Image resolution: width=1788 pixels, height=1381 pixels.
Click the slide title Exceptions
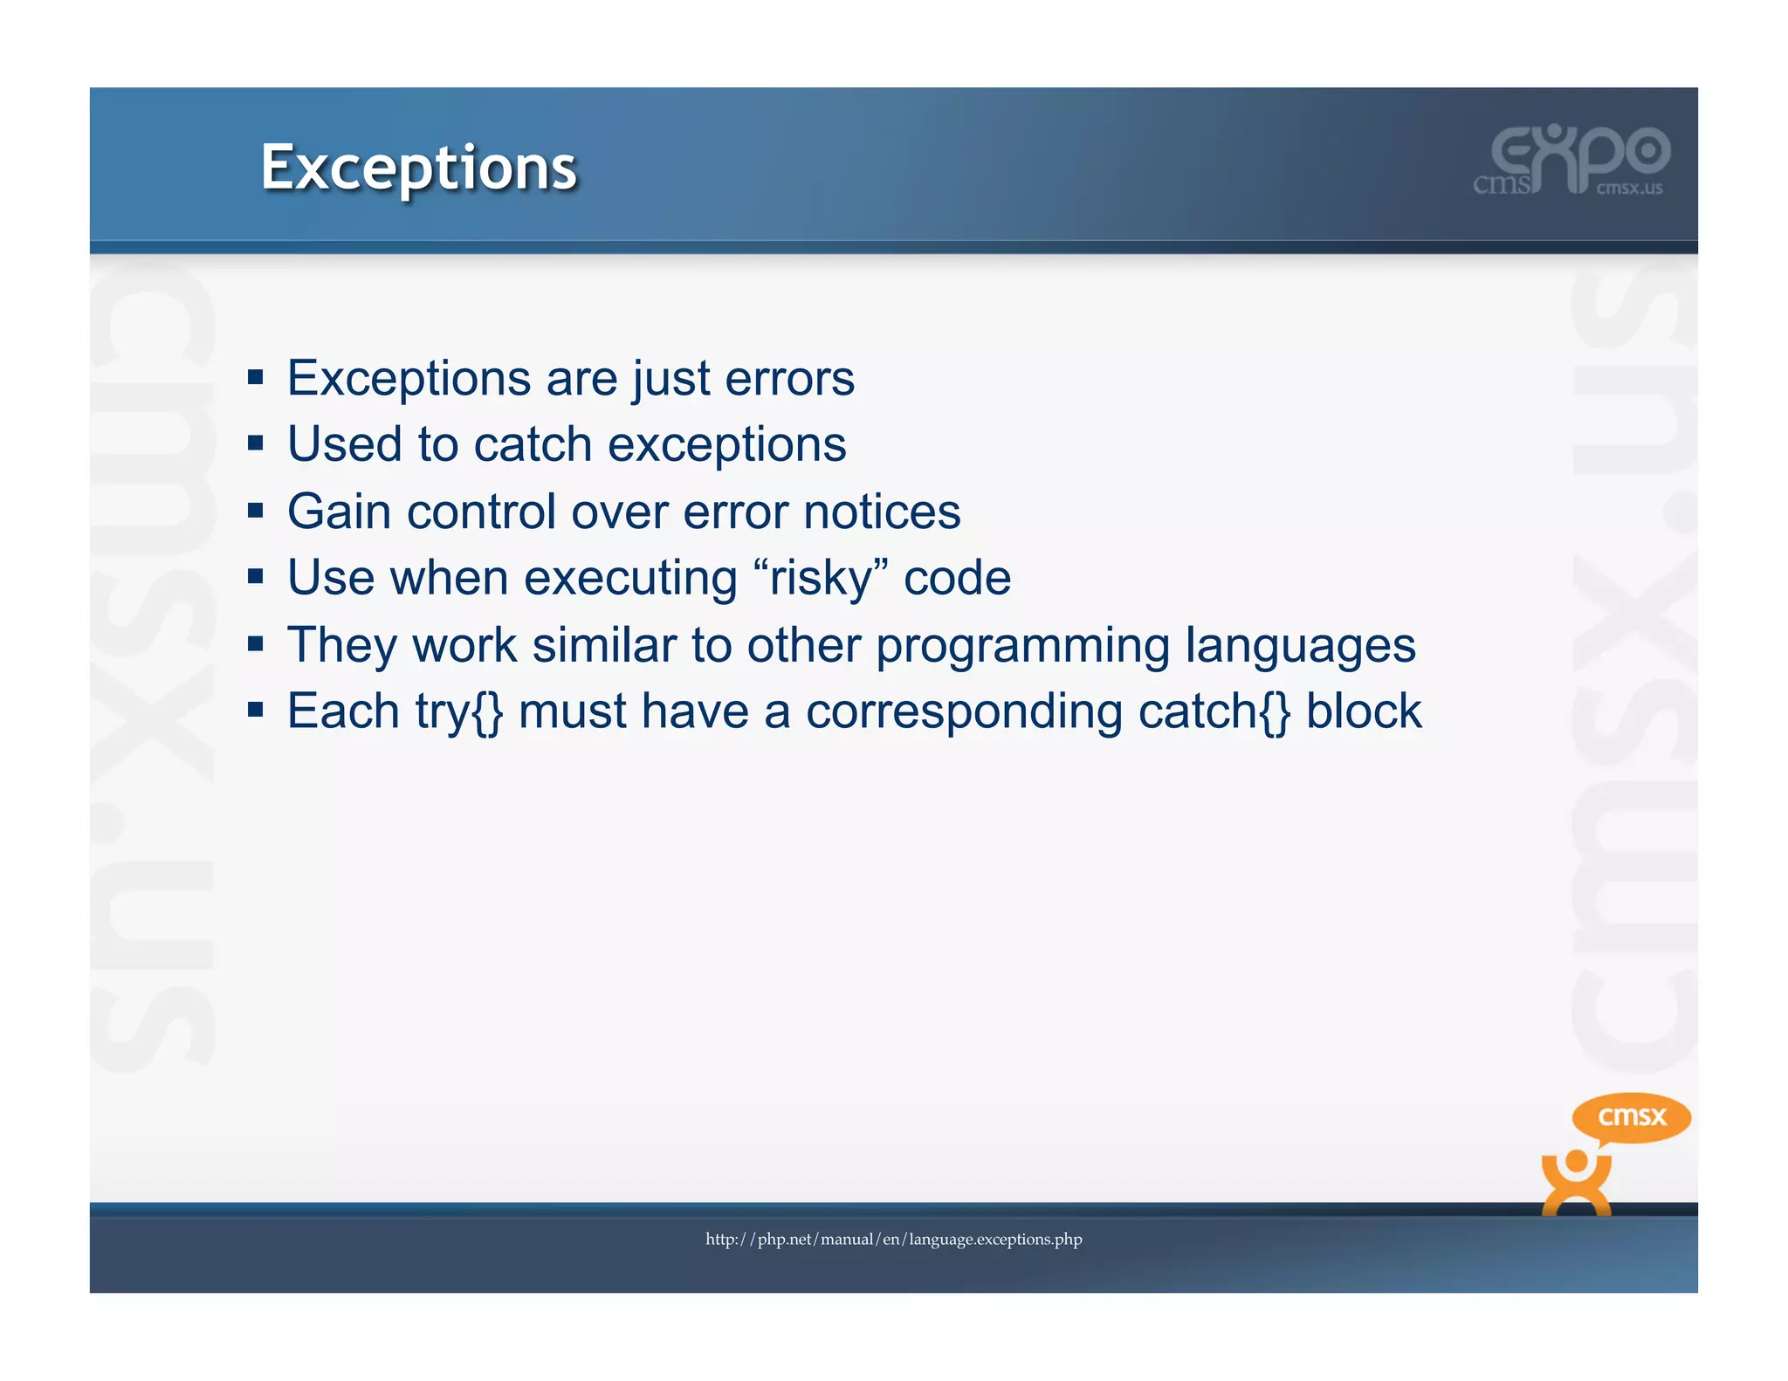tap(418, 167)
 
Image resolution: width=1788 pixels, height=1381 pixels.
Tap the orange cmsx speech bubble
tap(1631, 1116)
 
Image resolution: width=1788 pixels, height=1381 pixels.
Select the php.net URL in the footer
tap(893, 1239)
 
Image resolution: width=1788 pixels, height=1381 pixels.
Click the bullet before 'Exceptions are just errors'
tap(255, 377)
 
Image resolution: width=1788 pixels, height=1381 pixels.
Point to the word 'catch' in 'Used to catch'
tap(533, 444)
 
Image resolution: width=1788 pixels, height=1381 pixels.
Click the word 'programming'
tap(1022, 646)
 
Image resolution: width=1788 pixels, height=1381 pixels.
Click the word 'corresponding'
tap(964, 711)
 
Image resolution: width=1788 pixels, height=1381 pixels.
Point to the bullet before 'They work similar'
tap(255, 644)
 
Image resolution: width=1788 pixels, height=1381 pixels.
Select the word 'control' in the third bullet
tap(481, 512)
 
